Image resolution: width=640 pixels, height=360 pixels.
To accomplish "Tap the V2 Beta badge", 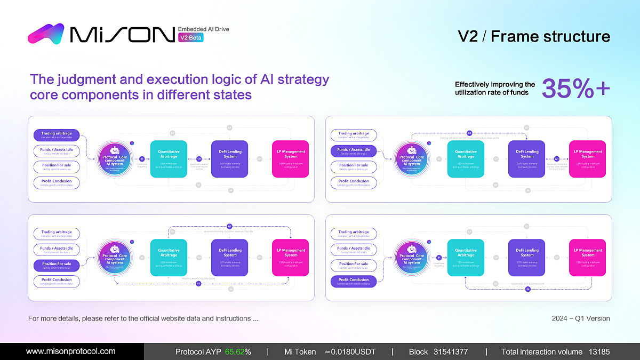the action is (190, 38).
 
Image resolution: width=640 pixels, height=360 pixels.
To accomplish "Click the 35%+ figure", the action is (576, 89).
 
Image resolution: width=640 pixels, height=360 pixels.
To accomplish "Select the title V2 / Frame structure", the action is (534, 36).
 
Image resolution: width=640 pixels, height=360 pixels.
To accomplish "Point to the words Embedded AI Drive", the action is (203, 29).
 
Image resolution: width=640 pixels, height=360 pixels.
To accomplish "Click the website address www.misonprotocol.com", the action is (71, 351).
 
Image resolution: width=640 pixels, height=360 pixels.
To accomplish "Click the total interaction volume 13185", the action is (599, 352).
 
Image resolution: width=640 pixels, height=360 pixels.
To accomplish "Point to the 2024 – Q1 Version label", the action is (581, 318).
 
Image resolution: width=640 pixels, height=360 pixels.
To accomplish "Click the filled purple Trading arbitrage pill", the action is (57, 135).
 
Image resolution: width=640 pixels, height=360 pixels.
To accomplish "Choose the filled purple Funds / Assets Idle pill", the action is (354, 151).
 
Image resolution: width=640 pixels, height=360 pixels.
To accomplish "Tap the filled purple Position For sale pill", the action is (57, 265).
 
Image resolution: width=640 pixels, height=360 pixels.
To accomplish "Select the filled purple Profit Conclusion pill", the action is (354, 281).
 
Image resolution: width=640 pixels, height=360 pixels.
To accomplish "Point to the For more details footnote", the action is (143, 318).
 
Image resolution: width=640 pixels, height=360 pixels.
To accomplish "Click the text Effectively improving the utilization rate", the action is (494, 89).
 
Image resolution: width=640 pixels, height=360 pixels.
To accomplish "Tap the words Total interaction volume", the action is (541, 352).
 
